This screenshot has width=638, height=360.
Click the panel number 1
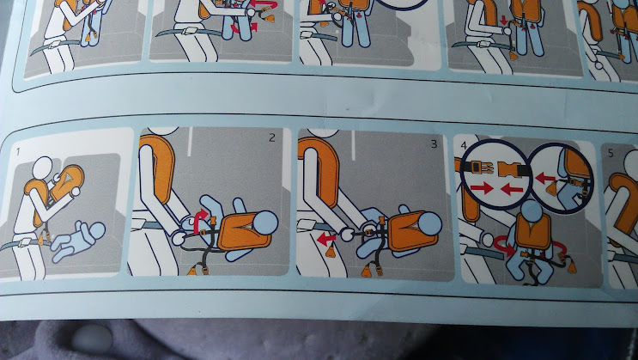(18, 152)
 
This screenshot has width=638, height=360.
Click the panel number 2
(272, 137)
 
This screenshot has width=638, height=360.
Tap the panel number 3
(434, 143)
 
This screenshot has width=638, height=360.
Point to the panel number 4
(464, 145)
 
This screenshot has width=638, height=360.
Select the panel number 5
(611, 153)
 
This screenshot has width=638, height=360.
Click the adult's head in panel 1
(42, 167)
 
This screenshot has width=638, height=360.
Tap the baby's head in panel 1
(97, 231)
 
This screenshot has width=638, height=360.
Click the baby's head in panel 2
(265, 223)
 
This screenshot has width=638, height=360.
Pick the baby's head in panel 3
(430, 223)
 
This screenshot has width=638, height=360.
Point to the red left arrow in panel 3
(326, 239)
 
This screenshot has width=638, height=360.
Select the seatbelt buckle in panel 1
(23, 242)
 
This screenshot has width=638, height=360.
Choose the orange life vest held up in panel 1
(66, 182)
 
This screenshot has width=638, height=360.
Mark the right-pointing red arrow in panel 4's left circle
(482, 188)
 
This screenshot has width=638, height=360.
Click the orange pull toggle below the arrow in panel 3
(331, 251)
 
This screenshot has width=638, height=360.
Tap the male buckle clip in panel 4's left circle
(478, 167)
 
